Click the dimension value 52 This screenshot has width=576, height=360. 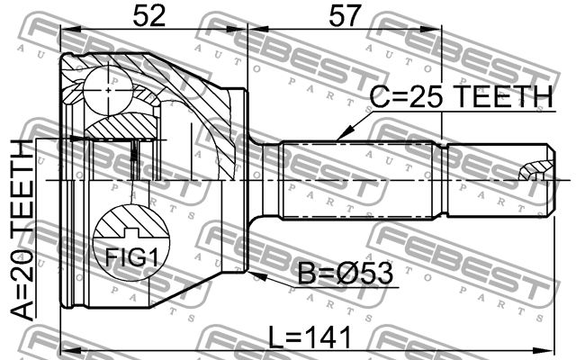(149, 16)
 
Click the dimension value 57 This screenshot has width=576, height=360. (345, 16)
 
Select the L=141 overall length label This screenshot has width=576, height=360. (310, 337)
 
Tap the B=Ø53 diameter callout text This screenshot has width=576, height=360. (345, 274)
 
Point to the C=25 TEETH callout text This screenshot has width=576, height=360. (461, 96)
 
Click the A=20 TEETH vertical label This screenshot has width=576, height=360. (22, 230)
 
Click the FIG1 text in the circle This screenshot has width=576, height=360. (132, 257)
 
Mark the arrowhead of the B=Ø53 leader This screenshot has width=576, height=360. (256, 275)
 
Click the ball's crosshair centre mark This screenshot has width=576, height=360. (108, 90)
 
